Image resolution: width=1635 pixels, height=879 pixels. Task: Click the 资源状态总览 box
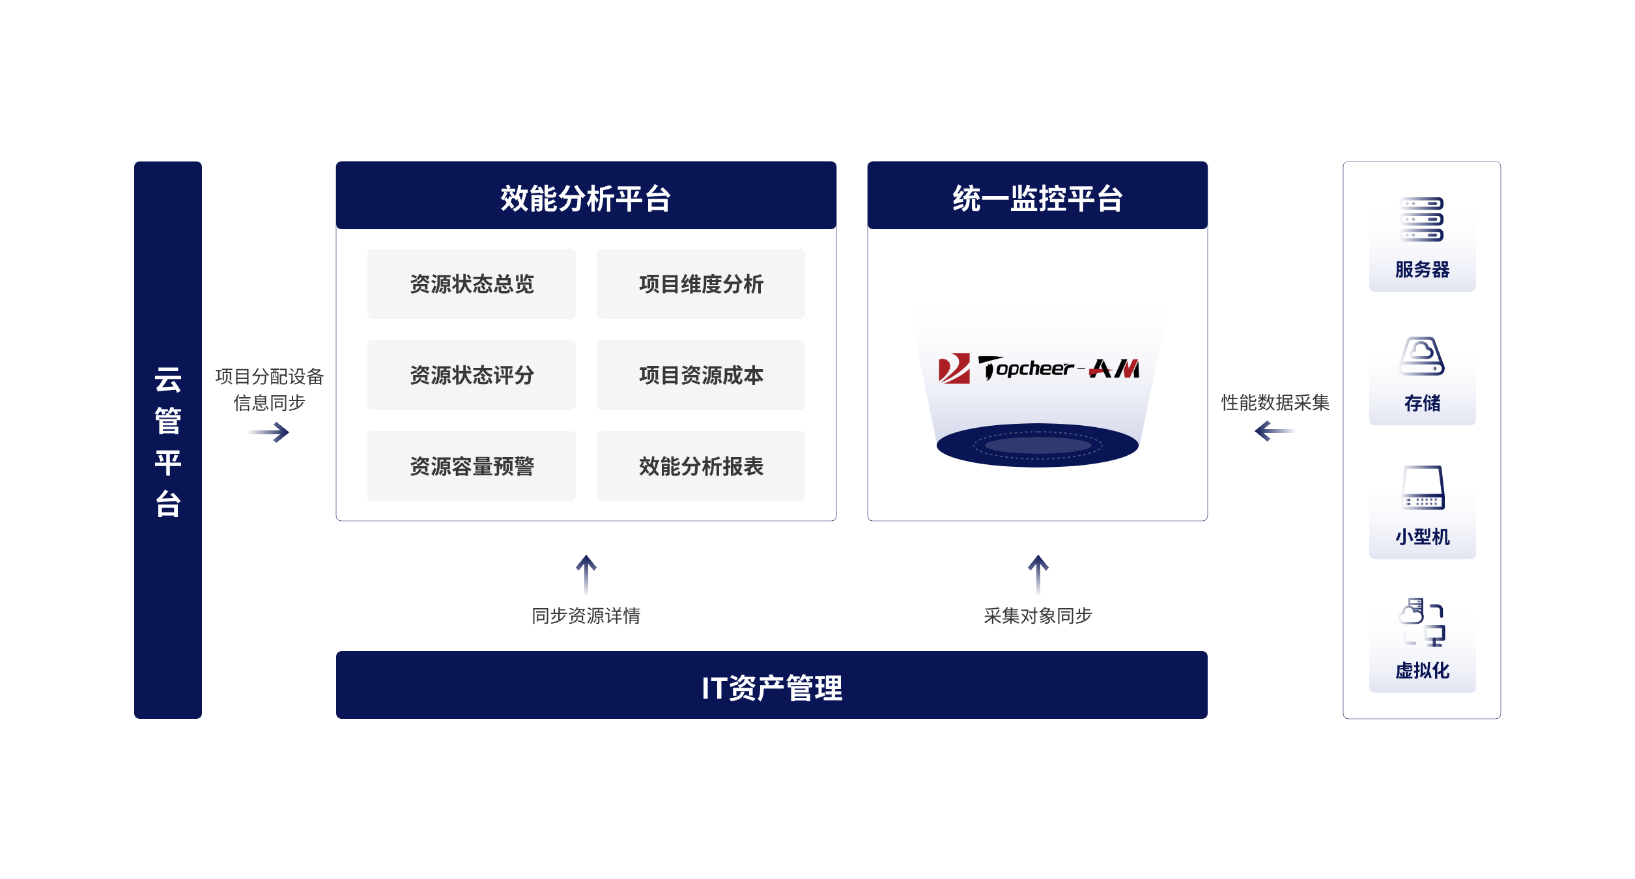(x=471, y=284)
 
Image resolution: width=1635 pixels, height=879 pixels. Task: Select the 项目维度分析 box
(x=701, y=284)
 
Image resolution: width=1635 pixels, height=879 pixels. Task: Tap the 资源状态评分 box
(x=471, y=375)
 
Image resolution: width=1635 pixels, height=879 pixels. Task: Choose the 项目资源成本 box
(x=701, y=375)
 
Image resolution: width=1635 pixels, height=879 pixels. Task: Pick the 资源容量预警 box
(x=471, y=466)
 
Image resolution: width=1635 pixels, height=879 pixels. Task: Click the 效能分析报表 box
(x=701, y=466)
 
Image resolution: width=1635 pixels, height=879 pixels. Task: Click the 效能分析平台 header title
(x=586, y=199)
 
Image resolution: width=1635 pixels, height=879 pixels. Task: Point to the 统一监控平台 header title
(x=1038, y=199)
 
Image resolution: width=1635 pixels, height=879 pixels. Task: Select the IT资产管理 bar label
(x=772, y=688)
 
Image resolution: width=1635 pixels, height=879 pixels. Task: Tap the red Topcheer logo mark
(x=954, y=369)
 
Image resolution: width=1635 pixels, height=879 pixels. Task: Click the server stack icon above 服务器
(x=1422, y=219)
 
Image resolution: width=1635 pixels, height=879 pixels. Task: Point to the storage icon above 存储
(x=1422, y=356)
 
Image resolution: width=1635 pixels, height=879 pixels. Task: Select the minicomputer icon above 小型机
(x=1423, y=488)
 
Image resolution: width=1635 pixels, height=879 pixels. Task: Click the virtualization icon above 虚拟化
(x=1422, y=622)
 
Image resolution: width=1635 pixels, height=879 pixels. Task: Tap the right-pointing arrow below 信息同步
(x=269, y=432)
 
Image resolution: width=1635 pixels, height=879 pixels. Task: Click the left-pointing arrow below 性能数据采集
(x=1275, y=431)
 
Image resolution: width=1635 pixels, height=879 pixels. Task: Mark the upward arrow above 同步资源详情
(x=586, y=575)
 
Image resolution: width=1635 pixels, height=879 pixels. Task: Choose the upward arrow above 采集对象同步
(x=1038, y=575)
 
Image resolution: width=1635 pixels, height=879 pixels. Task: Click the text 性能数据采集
(x=1275, y=402)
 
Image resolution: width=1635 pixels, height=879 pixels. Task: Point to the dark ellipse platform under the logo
(x=1038, y=445)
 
